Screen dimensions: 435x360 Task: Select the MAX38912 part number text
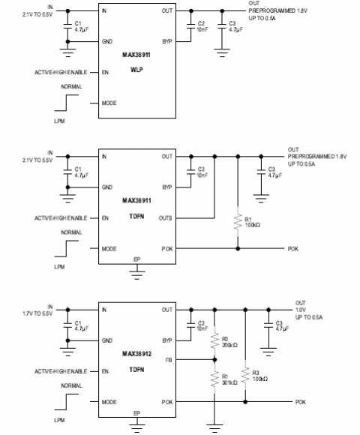pos(136,351)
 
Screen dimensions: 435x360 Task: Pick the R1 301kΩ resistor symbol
pos(214,378)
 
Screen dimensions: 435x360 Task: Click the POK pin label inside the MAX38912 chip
pos(166,402)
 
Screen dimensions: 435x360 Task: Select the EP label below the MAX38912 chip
pos(136,413)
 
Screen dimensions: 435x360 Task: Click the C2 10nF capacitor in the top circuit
pos(192,26)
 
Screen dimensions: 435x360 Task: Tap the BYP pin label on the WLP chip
pos(166,43)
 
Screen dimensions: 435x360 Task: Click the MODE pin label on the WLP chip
pos(109,103)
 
